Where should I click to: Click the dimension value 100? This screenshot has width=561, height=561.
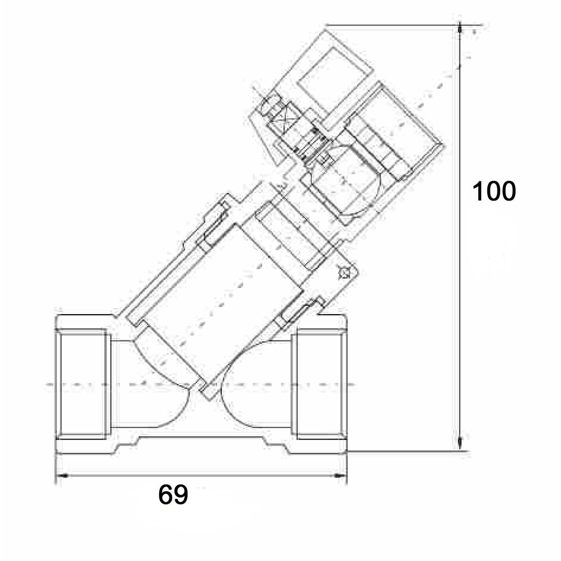click(494, 191)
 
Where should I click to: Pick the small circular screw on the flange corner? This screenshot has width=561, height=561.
click(345, 274)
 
